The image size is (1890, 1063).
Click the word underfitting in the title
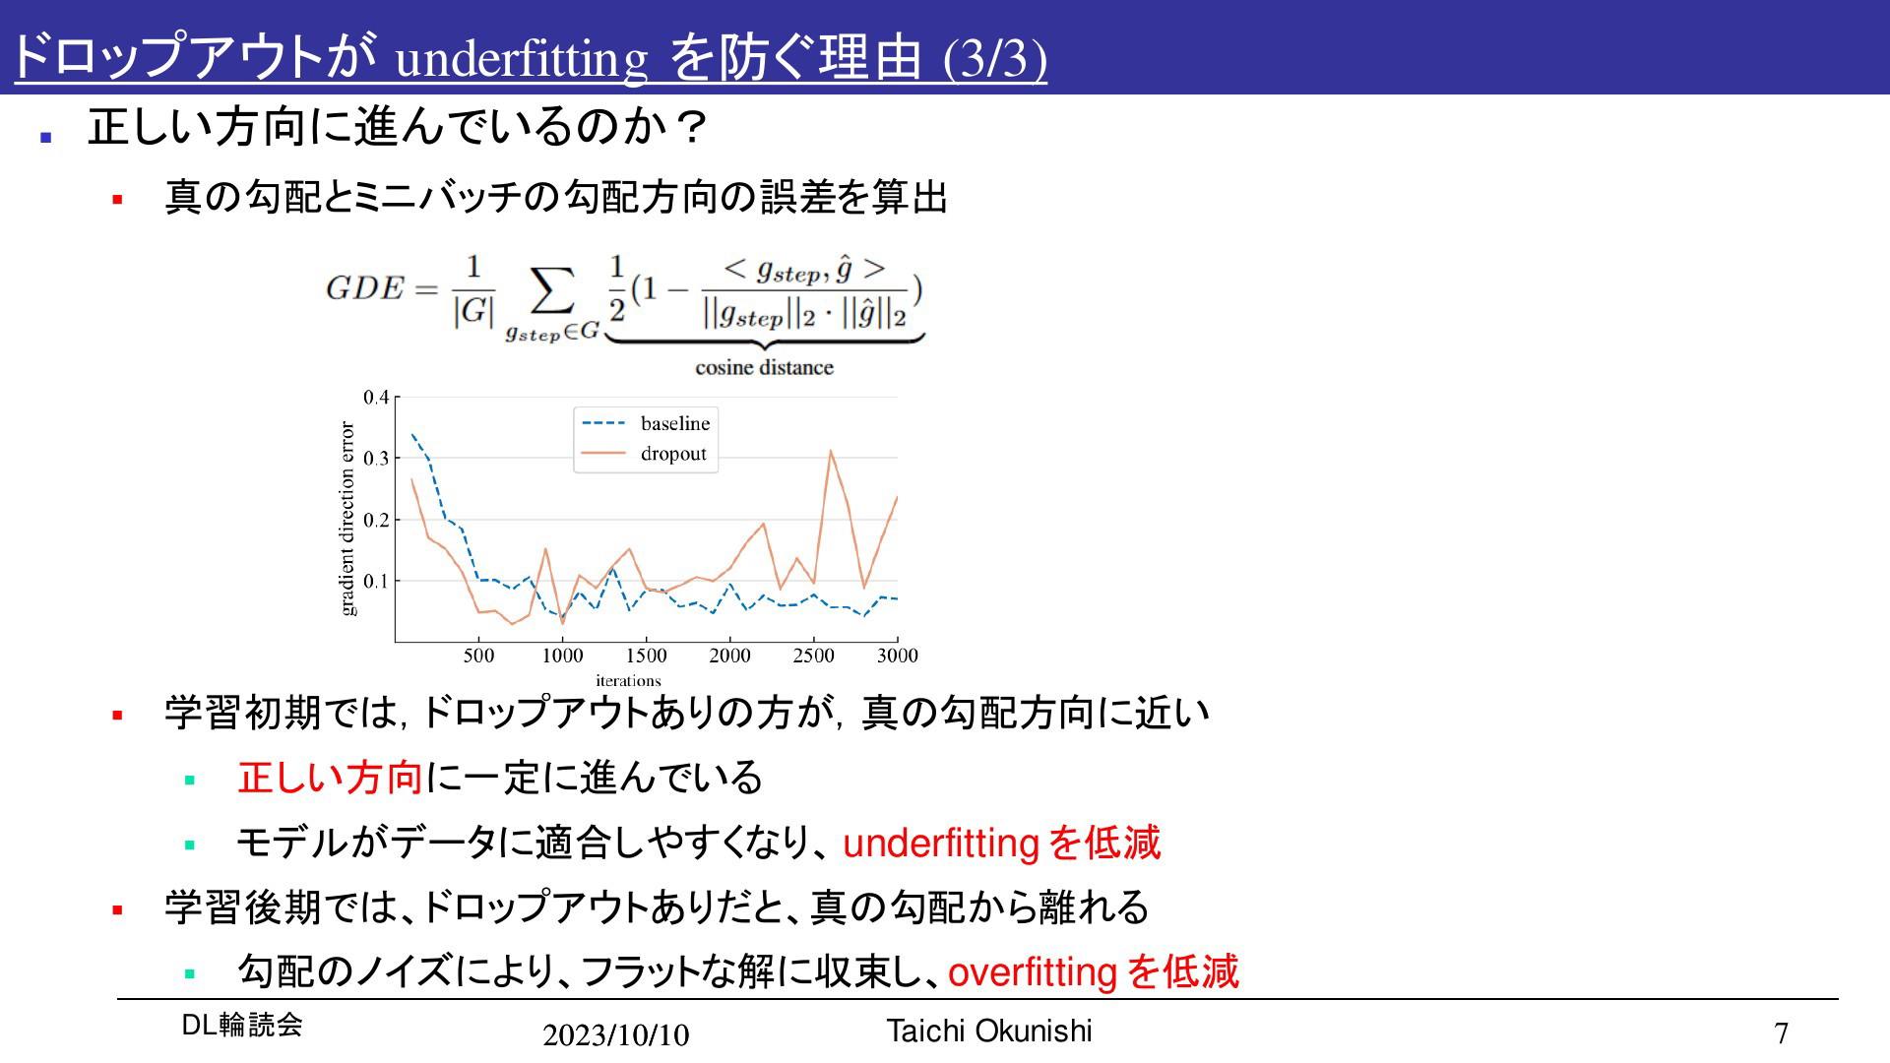point(522,60)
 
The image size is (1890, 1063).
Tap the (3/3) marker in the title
point(995,59)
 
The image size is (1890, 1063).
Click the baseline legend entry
point(646,423)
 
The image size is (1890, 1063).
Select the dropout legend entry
point(644,454)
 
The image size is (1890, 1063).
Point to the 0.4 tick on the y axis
point(376,398)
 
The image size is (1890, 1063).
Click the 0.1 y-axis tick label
point(376,581)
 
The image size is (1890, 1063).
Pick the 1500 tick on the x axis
point(647,656)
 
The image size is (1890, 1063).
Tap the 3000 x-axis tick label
point(897,656)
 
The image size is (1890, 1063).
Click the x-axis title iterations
point(628,680)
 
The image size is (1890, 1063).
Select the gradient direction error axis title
point(346,519)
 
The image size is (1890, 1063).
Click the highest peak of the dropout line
point(831,451)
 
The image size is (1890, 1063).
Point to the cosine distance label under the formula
point(764,367)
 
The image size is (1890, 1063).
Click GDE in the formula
point(365,288)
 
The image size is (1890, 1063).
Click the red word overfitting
point(1032,972)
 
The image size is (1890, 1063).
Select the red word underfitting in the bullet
point(941,844)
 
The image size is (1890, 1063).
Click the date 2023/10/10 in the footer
point(616,1034)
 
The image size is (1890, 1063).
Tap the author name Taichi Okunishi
point(989,1031)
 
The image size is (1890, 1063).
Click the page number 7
point(1781,1033)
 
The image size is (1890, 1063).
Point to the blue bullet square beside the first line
point(45,138)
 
